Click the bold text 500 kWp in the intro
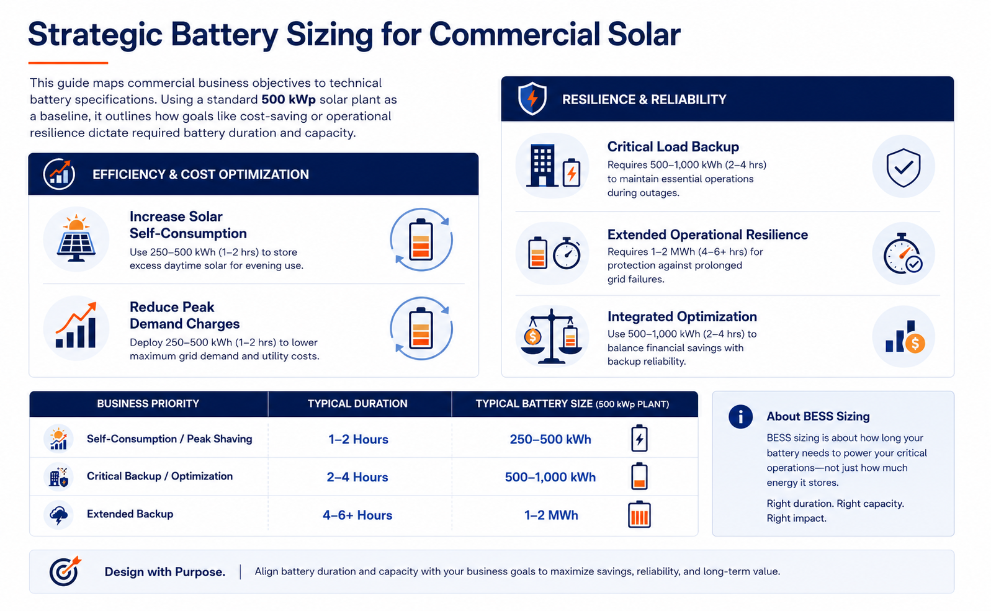pyautogui.click(x=289, y=99)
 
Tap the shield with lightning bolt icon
pyautogui.click(x=532, y=98)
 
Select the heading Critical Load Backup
pyautogui.click(x=673, y=147)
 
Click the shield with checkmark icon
pyautogui.click(x=904, y=167)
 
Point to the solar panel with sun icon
pyautogui.click(x=76, y=238)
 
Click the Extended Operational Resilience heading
pyautogui.click(x=707, y=234)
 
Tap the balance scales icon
pyautogui.click(x=551, y=336)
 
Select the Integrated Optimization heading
pyautogui.click(x=682, y=316)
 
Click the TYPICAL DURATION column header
pyautogui.click(x=357, y=404)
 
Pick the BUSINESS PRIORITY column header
pyautogui.click(x=148, y=404)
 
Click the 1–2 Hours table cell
pyautogui.click(x=358, y=439)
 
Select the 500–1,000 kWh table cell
pyautogui.click(x=550, y=477)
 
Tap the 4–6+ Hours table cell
pyautogui.click(x=357, y=515)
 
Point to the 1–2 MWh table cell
pyautogui.click(x=551, y=515)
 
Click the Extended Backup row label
pyautogui.click(x=130, y=514)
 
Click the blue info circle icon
pyautogui.click(x=740, y=416)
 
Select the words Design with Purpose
pyautogui.click(x=164, y=572)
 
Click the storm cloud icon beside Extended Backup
pyautogui.click(x=59, y=515)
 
